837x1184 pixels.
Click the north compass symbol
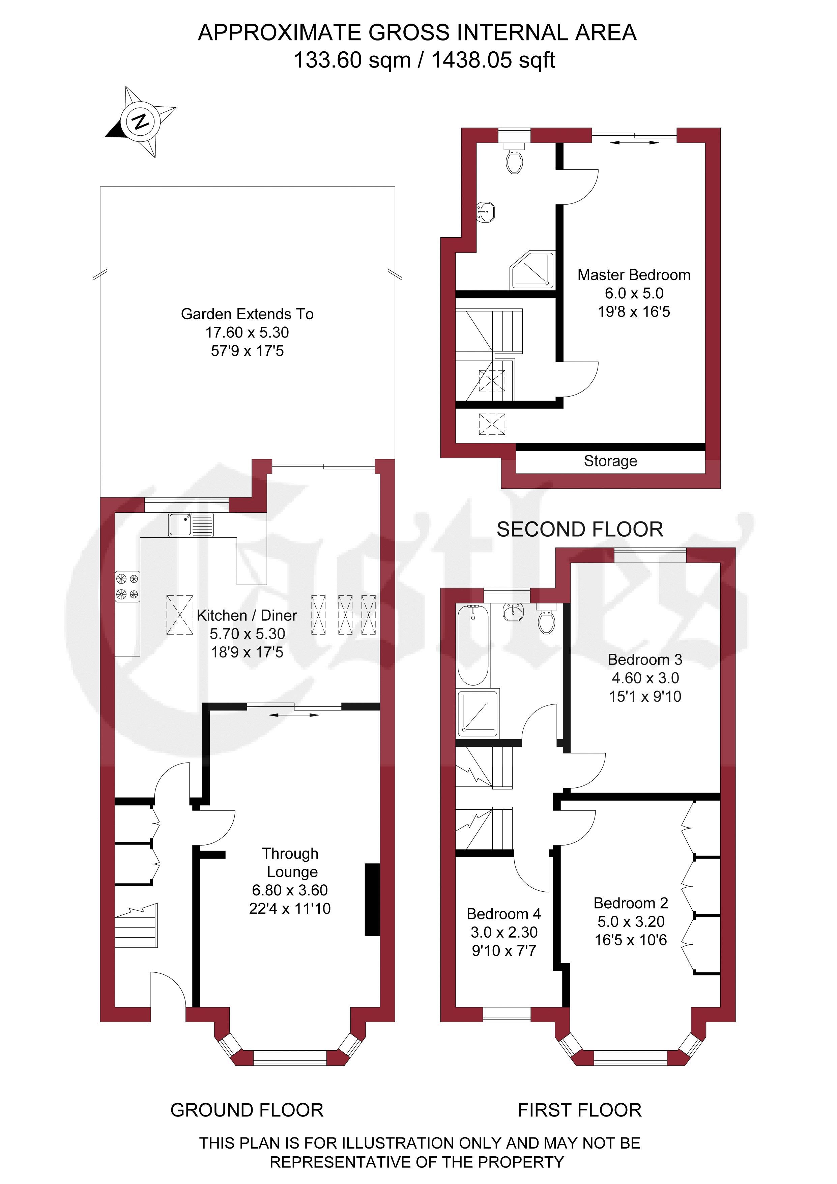pos(140,122)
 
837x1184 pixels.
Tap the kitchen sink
pos(191,524)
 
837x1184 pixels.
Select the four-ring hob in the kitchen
pos(127,587)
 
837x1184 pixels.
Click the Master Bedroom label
pos(634,275)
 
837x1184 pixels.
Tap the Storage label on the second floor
pos(610,461)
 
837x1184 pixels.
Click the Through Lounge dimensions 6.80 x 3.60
pos(290,890)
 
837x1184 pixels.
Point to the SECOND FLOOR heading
pos(580,530)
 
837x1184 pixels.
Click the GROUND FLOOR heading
pos(247,1110)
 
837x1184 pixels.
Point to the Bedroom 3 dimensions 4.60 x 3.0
pos(645,678)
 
